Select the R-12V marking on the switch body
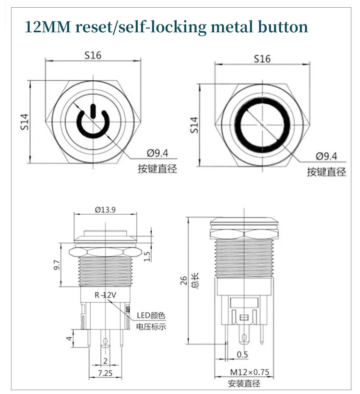(106, 295)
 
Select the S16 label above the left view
(93, 55)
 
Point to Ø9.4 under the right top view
(326, 156)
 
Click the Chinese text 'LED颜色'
(151, 316)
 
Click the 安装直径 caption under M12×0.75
(244, 383)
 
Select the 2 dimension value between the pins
(104, 361)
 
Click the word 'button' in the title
(284, 26)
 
